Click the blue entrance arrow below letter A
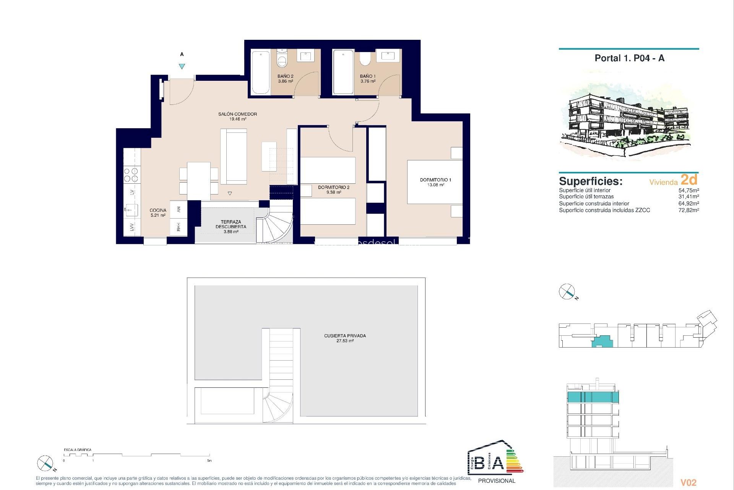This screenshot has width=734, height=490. (x=182, y=66)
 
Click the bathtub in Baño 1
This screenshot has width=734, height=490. (x=343, y=72)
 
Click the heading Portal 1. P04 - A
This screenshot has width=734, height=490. (x=629, y=58)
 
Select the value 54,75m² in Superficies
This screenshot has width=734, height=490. (x=689, y=190)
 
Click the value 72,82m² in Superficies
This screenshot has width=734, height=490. (x=689, y=210)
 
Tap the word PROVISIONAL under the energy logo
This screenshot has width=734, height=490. (x=497, y=481)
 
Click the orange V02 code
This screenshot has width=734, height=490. (x=689, y=483)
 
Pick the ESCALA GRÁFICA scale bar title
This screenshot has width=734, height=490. (x=78, y=450)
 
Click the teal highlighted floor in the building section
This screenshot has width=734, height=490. (x=593, y=397)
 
